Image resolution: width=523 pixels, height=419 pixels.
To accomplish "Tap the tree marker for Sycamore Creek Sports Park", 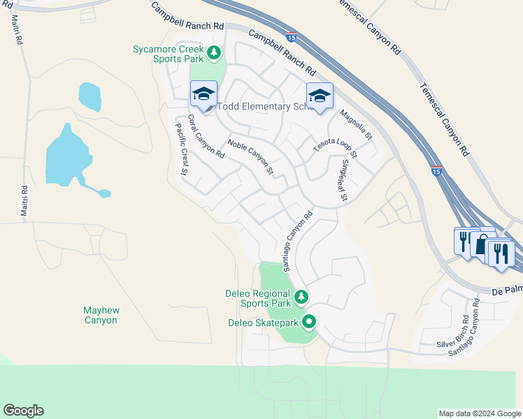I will tap(214, 52).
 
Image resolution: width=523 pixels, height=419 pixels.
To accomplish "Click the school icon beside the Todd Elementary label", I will tap(203, 94).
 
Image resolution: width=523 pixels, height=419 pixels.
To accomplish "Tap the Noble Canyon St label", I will tap(250, 156).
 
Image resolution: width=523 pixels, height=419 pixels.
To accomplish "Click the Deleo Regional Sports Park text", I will tap(257, 298).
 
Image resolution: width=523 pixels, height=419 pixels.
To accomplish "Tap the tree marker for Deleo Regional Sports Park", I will tap(301, 297).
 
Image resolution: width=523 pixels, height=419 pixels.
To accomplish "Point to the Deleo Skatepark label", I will tap(264, 323).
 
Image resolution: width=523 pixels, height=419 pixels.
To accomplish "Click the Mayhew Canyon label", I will tap(101, 315).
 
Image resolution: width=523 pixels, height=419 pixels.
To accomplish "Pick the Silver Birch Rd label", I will tap(454, 331).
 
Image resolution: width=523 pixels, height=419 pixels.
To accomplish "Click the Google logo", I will tap(23, 411).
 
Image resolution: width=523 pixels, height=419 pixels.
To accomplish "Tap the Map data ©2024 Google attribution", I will tap(480, 413).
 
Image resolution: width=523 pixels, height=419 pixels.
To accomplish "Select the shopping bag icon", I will tap(482, 244).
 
